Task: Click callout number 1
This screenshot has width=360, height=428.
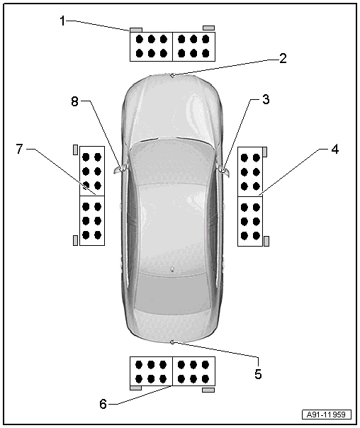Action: pyautogui.click(x=63, y=21)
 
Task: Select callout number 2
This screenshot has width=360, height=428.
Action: pyautogui.click(x=283, y=58)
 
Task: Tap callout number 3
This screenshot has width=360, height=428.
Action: pyautogui.click(x=266, y=100)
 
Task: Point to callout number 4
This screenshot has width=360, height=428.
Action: pyautogui.click(x=334, y=149)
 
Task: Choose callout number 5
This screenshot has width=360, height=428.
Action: pyautogui.click(x=258, y=373)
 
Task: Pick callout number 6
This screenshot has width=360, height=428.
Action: pyautogui.click(x=103, y=404)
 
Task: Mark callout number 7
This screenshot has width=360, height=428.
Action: pyautogui.click(x=19, y=149)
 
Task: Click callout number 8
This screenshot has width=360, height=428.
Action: pyautogui.click(x=74, y=101)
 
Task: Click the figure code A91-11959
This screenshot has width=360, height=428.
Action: pyautogui.click(x=326, y=415)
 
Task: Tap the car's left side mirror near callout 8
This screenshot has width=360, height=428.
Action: pyautogui.click(x=119, y=170)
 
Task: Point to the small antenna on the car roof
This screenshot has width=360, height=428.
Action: pyautogui.click(x=172, y=270)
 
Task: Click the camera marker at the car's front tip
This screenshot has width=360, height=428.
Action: pyautogui.click(x=171, y=76)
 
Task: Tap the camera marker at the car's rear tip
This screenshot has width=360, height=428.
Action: pyautogui.click(x=172, y=342)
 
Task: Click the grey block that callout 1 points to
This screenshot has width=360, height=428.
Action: pyautogui.click(x=135, y=30)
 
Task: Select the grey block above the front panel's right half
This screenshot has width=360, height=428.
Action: pyautogui.click(x=208, y=28)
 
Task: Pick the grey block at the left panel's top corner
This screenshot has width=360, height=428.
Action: pyautogui.click(x=75, y=150)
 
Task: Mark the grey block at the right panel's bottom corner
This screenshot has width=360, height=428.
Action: pyautogui.click(x=266, y=241)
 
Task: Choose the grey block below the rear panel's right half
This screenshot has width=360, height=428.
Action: pyautogui.click(x=208, y=390)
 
